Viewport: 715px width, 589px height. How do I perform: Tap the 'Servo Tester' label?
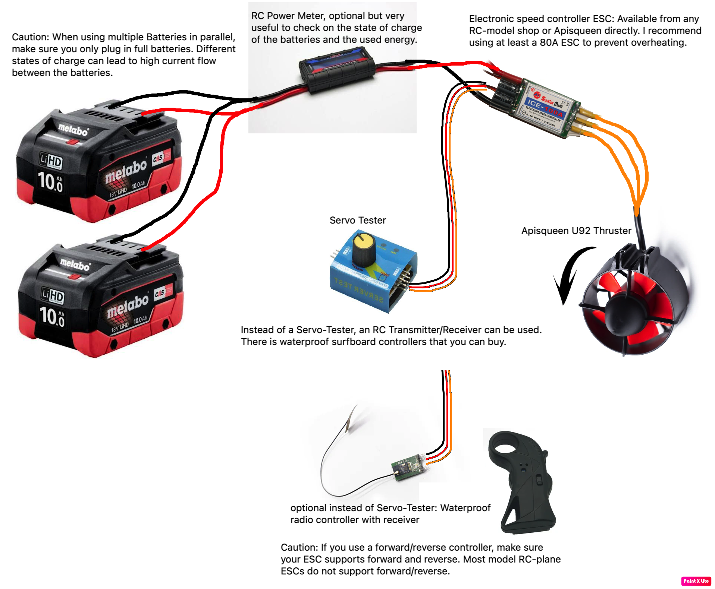click(x=357, y=220)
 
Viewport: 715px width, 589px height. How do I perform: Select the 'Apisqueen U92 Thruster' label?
click(x=576, y=231)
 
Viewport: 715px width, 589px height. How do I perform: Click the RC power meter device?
click(x=336, y=70)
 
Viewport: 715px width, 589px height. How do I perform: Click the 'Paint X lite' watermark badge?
click(x=696, y=581)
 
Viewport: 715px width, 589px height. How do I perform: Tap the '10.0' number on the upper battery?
click(x=50, y=182)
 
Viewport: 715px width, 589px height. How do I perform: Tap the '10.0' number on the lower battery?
click(x=52, y=317)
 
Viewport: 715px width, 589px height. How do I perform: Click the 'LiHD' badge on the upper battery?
click(x=51, y=161)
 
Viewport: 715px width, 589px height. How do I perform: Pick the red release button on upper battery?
click(x=72, y=142)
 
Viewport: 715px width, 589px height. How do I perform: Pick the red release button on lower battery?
click(x=75, y=277)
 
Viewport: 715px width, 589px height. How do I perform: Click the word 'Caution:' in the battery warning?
click(x=31, y=37)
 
